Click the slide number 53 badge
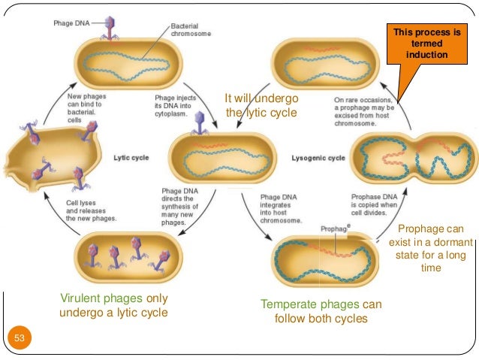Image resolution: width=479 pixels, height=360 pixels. pyautogui.click(x=20, y=339)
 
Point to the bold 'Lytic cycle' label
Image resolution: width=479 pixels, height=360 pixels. pyautogui.click(x=131, y=158)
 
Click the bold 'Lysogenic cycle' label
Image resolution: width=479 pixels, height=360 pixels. pyautogui.click(x=318, y=158)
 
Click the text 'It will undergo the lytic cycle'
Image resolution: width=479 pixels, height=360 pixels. pyautogui.click(x=261, y=106)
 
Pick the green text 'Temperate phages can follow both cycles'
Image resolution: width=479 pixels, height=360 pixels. pyautogui.click(x=321, y=310)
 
